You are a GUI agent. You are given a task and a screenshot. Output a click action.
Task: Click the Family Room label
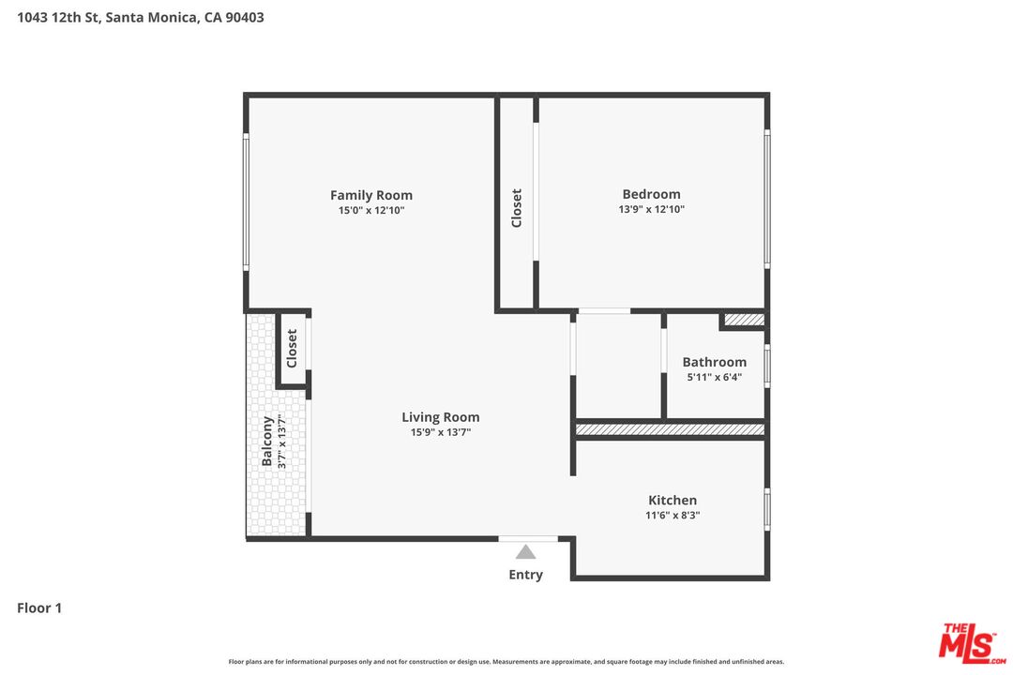click(x=370, y=195)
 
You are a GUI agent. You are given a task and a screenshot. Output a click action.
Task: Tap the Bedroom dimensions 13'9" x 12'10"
click(x=651, y=209)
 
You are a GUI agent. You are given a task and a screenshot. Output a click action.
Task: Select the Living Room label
click(x=441, y=417)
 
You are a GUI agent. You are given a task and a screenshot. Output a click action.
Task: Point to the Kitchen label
click(x=673, y=500)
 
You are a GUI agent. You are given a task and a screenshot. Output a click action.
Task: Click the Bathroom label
click(x=715, y=362)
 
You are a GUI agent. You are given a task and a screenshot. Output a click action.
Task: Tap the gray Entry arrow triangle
click(x=526, y=551)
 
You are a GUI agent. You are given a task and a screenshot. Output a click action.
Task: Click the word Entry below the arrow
click(x=526, y=575)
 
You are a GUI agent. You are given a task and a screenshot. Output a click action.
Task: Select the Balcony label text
click(x=266, y=442)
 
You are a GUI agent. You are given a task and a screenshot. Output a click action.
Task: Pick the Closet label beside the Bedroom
click(x=516, y=208)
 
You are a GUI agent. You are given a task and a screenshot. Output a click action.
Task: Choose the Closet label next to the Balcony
click(x=292, y=348)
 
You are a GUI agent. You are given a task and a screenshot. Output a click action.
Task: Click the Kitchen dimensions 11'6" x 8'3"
click(x=673, y=516)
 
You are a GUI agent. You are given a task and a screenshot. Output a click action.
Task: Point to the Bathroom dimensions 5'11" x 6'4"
click(x=715, y=377)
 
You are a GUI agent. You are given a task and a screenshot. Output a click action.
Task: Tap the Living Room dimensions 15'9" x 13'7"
click(x=441, y=432)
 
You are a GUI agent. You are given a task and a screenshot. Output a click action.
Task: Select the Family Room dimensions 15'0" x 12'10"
click(x=371, y=211)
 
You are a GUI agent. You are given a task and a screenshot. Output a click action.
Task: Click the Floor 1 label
click(x=39, y=607)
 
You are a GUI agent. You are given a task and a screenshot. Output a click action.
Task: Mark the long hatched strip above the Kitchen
click(x=670, y=429)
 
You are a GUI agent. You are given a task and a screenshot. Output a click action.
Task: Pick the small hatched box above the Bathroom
click(x=744, y=320)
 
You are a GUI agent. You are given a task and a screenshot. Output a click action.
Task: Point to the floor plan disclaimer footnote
click(x=506, y=662)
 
